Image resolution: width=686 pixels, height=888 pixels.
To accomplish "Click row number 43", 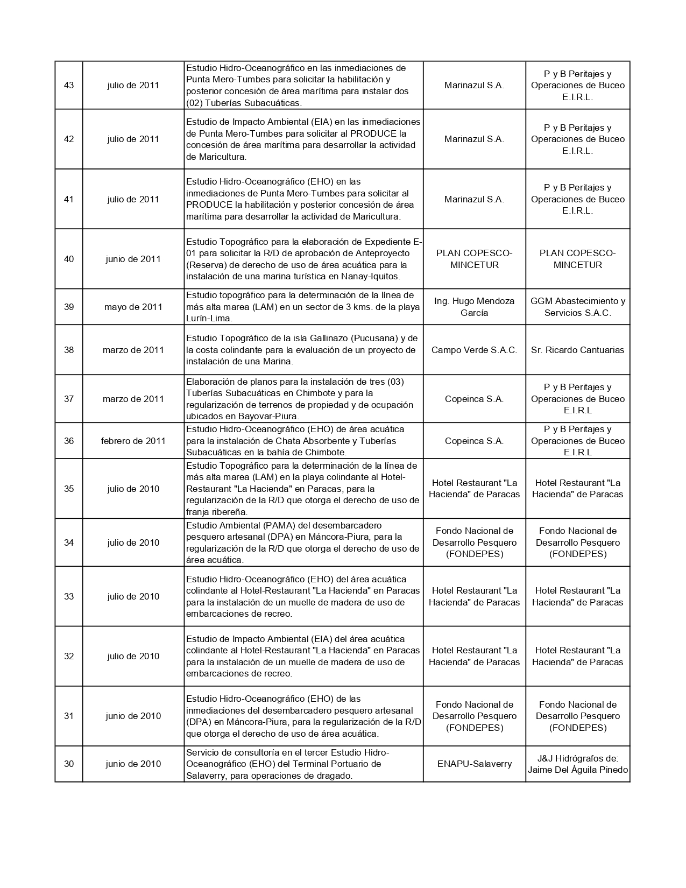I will (69, 85).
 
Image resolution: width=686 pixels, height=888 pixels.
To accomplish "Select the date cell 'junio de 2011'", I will (133, 259).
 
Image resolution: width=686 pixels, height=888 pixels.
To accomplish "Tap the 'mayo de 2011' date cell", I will (133, 307).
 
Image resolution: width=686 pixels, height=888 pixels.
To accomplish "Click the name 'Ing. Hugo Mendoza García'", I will (474, 307).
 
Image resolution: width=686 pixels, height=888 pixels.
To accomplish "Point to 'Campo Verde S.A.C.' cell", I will (474, 350).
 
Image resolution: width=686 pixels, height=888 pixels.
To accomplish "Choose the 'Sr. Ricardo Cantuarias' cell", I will (577, 350).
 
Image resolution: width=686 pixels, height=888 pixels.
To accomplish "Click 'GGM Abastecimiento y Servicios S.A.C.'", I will (577, 307).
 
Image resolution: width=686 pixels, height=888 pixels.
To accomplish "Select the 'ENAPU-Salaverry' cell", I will (474, 764).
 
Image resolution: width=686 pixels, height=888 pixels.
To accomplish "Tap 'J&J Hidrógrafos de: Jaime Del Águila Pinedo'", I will (577, 764).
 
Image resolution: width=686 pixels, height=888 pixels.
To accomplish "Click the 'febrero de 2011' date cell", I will (133, 441).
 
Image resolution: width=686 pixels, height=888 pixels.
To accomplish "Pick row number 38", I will (69, 350).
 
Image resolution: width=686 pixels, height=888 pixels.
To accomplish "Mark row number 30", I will (69, 764).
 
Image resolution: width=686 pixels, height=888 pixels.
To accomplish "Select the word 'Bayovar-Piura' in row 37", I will (270, 416).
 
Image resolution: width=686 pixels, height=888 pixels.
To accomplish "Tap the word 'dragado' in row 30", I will (335, 776).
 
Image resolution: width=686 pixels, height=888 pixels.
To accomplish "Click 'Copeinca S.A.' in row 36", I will (474, 441).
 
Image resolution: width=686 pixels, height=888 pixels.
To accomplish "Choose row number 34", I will (69, 542).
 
